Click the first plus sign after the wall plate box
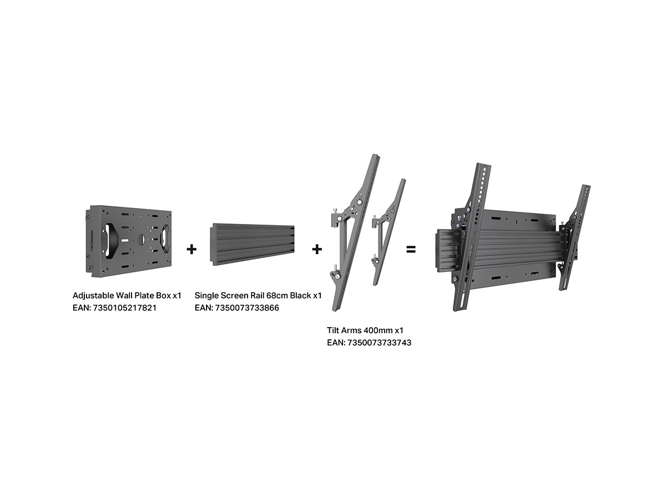click(x=191, y=249)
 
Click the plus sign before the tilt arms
click(x=317, y=249)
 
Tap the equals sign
click(x=411, y=249)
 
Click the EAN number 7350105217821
click(x=125, y=308)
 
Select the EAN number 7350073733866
click(x=247, y=308)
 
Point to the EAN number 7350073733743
click(x=379, y=343)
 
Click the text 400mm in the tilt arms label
click(x=378, y=330)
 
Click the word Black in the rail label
click(x=300, y=296)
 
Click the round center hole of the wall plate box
click(x=142, y=240)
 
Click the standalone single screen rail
click(x=252, y=245)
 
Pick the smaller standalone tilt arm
click(x=389, y=232)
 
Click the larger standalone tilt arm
click(x=355, y=233)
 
